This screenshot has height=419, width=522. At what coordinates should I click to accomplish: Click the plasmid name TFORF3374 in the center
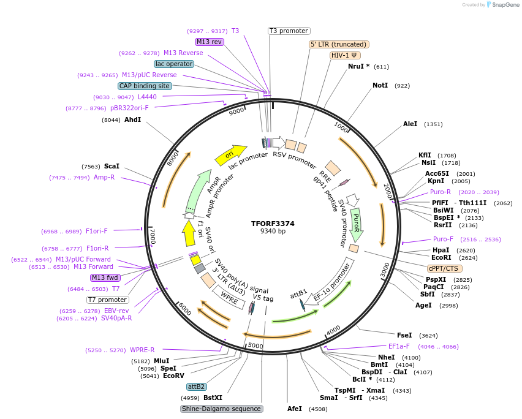[273, 224]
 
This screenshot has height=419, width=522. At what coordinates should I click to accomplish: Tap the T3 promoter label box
[289, 31]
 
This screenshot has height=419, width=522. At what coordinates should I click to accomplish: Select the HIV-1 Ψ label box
[346, 55]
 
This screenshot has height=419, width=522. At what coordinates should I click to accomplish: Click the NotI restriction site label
[380, 85]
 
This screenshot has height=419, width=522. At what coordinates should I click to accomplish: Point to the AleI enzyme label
[410, 124]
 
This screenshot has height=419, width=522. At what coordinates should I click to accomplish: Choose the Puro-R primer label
[441, 192]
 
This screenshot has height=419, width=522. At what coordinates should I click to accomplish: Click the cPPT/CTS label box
[445, 268]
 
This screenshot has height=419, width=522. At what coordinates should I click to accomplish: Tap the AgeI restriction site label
[423, 305]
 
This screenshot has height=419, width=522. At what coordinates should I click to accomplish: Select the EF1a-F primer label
[399, 346]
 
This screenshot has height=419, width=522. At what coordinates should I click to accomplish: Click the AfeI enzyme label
[295, 409]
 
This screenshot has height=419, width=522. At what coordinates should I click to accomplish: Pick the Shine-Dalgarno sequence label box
[222, 409]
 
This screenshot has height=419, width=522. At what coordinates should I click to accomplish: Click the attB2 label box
[197, 387]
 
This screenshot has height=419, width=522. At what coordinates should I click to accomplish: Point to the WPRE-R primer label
[142, 350]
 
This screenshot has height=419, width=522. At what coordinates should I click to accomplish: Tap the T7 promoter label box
[108, 300]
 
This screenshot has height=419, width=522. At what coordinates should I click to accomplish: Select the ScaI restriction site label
[112, 166]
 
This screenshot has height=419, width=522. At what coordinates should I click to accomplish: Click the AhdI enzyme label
[132, 119]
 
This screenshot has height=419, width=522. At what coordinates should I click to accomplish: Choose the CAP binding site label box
[145, 86]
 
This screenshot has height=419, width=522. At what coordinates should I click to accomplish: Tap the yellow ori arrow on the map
[230, 155]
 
